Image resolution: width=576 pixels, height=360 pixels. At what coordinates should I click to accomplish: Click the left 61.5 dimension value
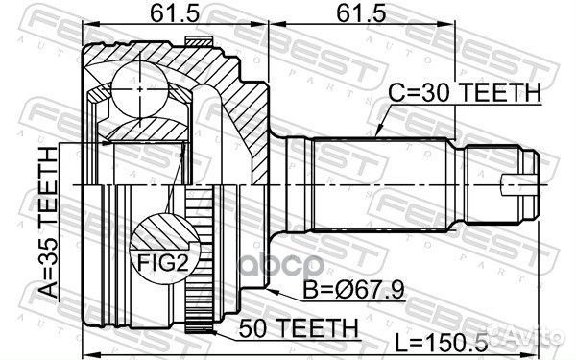tap(175, 13)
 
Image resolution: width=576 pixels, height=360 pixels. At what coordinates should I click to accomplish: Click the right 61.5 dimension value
tap(361, 13)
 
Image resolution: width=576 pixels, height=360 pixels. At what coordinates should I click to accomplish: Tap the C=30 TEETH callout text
tap(465, 92)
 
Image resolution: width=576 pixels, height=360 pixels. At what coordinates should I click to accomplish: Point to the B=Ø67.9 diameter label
tap(353, 290)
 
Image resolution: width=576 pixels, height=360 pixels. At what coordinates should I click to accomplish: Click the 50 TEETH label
tap(299, 327)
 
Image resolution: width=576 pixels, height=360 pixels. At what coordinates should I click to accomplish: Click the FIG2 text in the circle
tap(163, 263)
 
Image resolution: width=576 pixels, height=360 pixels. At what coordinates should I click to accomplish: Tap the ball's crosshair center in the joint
tap(140, 89)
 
